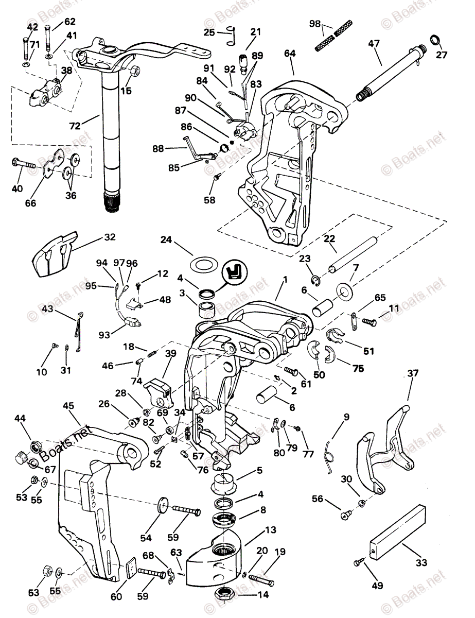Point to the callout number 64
(290, 54)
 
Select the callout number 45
(68, 406)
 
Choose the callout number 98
(315, 24)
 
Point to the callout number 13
(271, 530)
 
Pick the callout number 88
(158, 148)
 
